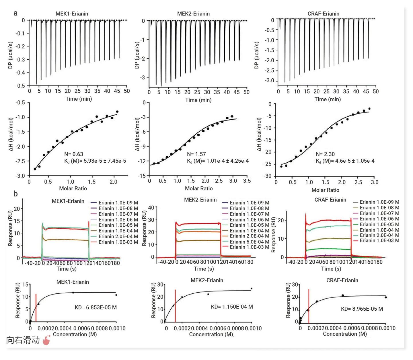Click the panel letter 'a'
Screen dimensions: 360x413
click(15, 13)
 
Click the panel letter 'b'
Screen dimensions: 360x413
click(15, 194)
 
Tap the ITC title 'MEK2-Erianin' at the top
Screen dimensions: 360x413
click(193, 14)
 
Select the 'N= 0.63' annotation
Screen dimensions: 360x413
click(74, 154)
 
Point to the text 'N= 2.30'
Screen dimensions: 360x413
click(325, 154)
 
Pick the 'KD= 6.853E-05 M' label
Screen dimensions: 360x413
click(96, 308)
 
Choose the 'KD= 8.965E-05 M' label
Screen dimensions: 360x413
click(362, 309)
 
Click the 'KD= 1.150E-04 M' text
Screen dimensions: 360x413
click(232, 307)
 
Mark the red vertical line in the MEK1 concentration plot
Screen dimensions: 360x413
click(36, 308)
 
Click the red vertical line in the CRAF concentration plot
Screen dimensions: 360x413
click(309, 306)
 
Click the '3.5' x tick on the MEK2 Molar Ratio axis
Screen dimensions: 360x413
click(247, 181)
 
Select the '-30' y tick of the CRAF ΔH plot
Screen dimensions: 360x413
click(268, 176)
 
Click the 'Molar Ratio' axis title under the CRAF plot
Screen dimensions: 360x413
click(325, 190)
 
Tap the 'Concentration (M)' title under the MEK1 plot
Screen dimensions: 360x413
click(75, 334)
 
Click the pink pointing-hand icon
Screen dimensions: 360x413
click(46, 340)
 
